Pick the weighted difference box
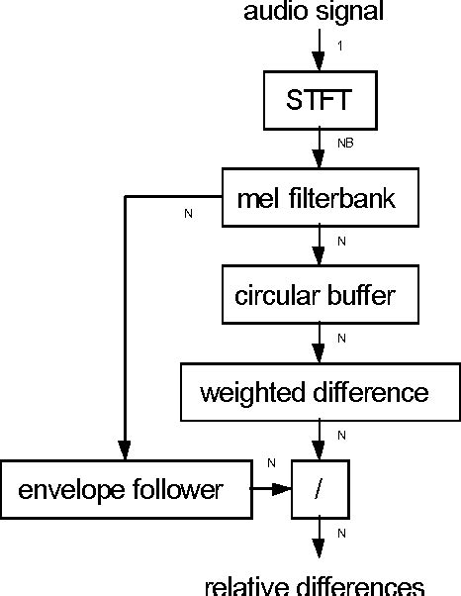[315, 392]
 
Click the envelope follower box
[123, 489]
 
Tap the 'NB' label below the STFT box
[344, 144]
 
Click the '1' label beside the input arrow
[339, 47]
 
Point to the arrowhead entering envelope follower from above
[124, 451]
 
